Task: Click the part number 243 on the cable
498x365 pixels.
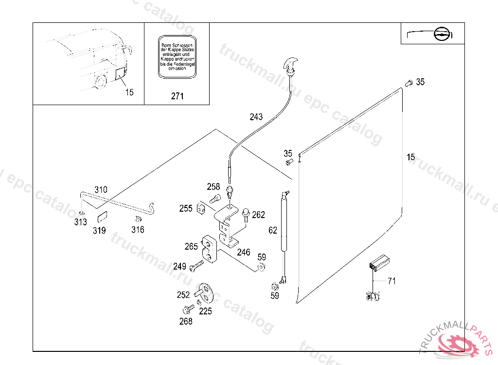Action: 256,117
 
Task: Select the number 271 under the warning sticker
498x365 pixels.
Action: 178,96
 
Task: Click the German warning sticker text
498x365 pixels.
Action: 177,56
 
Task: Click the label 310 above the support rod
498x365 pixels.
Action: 101,189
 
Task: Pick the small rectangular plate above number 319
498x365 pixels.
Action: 102,214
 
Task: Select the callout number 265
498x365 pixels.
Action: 191,246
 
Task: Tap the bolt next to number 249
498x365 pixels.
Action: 196,266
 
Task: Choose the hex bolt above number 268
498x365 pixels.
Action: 188,309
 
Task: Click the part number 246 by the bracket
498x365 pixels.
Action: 244,252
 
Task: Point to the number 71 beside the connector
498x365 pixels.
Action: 391,281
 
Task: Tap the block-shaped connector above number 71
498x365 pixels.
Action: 379,263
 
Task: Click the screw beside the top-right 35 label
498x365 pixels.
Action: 409,83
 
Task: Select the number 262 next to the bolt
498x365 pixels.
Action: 258,215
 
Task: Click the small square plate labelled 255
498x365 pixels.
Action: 201,209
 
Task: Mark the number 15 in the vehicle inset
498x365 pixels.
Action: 129,92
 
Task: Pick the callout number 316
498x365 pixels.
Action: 138,229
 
